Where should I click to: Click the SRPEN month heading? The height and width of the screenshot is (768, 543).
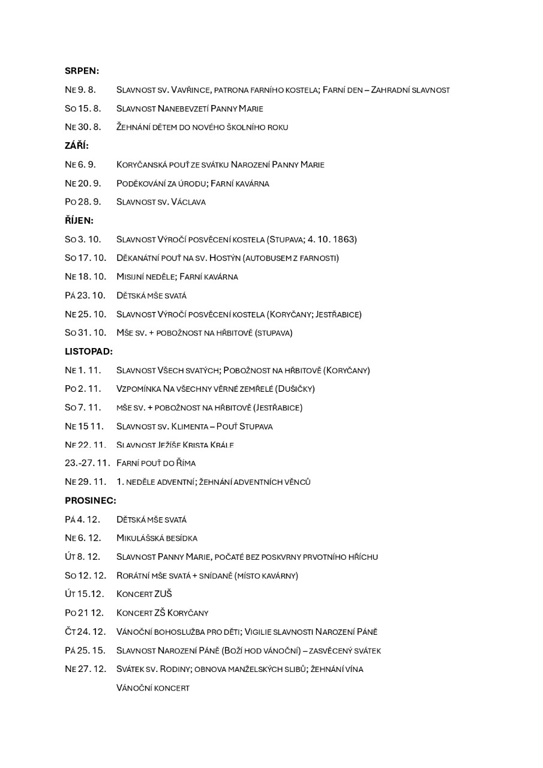click(82, 71)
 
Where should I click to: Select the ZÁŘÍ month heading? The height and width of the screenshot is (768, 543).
click(77, 146)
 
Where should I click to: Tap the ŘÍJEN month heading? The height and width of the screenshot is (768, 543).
click(79, 220)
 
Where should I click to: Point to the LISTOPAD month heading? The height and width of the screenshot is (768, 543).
click(88, 351)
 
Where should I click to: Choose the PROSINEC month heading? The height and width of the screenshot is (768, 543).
click(90, 500)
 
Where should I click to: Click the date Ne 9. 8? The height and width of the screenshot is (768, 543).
click(80, 90)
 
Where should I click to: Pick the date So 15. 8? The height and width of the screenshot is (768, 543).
click(82, 109)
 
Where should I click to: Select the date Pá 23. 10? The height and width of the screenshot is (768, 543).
click(85, 295)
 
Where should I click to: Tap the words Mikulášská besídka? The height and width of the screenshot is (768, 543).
click(157, 538)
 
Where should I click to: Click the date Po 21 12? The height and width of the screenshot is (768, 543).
click(84, 613)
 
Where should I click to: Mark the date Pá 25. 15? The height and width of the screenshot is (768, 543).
click(85, 650)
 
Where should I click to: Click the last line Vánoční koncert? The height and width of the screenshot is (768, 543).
click(153, 688)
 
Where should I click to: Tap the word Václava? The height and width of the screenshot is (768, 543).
click(188, 202)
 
